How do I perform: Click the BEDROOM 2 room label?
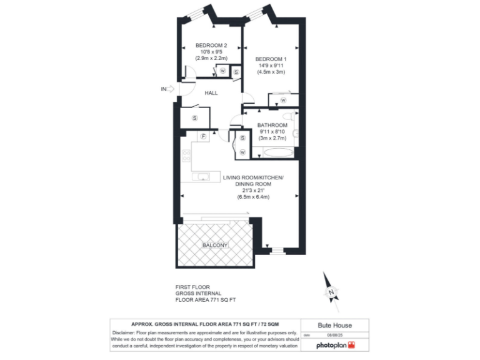[x=211, y=45]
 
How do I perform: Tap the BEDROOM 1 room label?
[x=271, y=59]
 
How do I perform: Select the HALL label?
[x=211, y=92]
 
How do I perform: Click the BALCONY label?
[x=214, y=246]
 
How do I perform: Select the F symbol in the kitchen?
[x=203, y=137]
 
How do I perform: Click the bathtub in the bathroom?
[x=275, y=152]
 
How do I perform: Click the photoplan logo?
[x=336, y=345]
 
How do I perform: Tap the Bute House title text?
[x=335, y=325]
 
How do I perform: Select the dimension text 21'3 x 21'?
[x=253, y=191]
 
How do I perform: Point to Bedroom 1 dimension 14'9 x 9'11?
[x=271, y=65]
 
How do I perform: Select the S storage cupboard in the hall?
[x=194, y=117]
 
